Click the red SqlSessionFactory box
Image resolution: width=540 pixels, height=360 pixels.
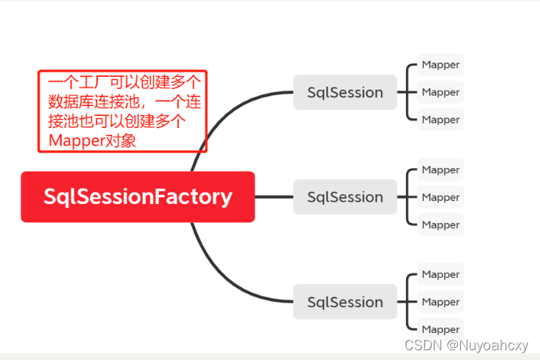coord(138,197)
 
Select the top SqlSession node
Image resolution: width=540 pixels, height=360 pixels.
coord(345,93)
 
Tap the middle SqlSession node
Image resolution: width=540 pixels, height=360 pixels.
coord(345,197)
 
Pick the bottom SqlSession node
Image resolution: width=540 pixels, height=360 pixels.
coord(345,302)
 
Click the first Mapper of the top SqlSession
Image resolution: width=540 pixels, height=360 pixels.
coord(441,65)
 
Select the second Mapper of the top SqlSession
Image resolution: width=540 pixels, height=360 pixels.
coord(441,92)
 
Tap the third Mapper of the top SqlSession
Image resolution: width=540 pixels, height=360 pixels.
coord(441,120)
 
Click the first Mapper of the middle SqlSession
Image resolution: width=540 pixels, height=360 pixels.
coord(441,170)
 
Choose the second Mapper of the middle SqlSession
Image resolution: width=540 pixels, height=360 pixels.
coord(441,197)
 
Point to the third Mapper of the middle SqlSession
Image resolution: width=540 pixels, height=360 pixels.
coord(441,224)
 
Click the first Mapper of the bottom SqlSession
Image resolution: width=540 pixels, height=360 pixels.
coord(441,275)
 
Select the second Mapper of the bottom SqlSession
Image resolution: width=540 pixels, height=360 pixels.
coord(441,302)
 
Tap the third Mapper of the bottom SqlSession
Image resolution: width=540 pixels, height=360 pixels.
coord(441,329)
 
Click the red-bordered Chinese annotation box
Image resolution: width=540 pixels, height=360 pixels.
coord(122,111)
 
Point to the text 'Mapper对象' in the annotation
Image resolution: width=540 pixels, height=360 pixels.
coord(92,140)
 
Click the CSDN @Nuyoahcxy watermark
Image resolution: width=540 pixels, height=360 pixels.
coord(466,346)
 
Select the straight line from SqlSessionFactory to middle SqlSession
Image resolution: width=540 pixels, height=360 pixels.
coord(274,197)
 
